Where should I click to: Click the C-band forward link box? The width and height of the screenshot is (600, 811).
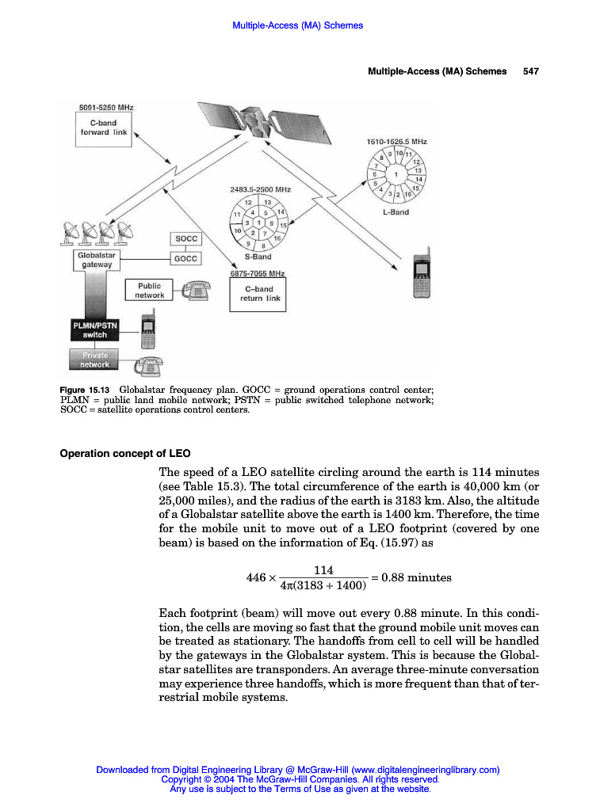[x=104, y=128]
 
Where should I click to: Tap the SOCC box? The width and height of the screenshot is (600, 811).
[x=185, y=238]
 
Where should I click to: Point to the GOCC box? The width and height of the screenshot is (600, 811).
[x=185, y=258]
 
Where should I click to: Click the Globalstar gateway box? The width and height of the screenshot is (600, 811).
[x=97, y=261]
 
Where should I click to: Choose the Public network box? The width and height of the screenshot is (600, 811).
[x=149, y=291]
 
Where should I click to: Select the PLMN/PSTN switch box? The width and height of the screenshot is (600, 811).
[x=90, y=330]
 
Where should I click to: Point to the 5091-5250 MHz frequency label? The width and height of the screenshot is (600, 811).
[x=105, y=107]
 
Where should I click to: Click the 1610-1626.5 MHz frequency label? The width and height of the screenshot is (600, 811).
[x=396, y=140]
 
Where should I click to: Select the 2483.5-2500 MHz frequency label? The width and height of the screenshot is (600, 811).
[x=260, y=190]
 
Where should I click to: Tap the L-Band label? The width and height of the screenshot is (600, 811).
[x=395, y=212]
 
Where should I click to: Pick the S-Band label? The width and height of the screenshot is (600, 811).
[x=258, y=257]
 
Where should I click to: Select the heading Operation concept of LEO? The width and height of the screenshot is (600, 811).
[x=125, y=454]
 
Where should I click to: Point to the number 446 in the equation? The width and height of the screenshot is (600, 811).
[x=258, y=578]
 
